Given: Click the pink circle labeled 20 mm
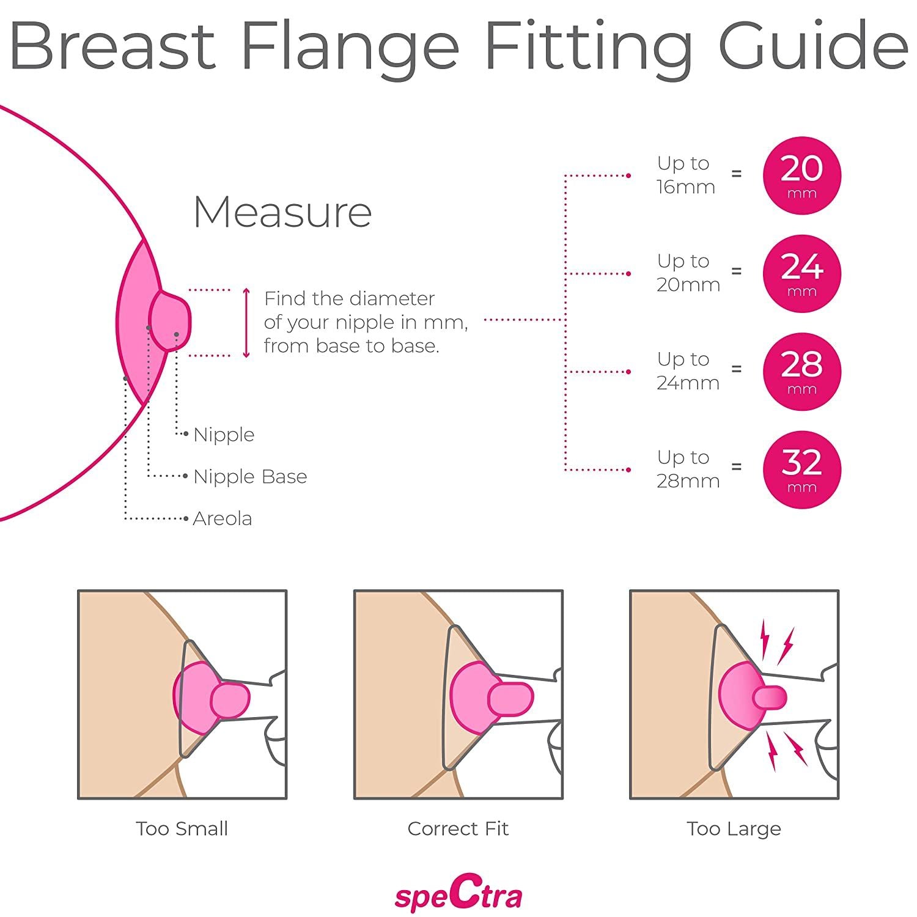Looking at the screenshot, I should (x=801, y=175).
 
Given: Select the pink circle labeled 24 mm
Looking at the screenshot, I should (x=801, y=273).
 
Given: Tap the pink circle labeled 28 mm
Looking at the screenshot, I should (x=801, y=372).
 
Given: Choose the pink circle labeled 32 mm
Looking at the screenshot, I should (x=801, y=470).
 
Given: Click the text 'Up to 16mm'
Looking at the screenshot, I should (x=686, y=175).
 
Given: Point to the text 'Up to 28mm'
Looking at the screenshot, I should (x=688, y=469).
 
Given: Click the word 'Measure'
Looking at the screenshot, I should (x=282, y=212).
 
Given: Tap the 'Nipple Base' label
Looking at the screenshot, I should (x=250, y=476).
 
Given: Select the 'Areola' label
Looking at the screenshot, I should (x=222, y=518).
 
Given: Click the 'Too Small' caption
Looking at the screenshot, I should (x=182, y=828).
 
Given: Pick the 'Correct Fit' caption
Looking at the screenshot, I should (x=458, y=828).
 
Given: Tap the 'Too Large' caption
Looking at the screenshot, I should (x=734, y=828).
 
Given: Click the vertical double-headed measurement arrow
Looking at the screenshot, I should (x=246, y=323).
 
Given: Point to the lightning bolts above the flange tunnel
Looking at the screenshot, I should (x=776, y=642).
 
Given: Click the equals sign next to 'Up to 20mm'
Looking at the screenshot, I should (x=737, y=271).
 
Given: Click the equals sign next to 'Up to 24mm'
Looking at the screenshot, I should (x=737, y=369).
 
